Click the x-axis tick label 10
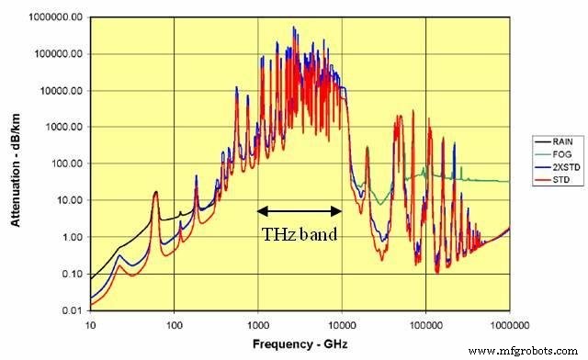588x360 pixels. tap(90, 324)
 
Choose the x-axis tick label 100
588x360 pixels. tap(174, 324)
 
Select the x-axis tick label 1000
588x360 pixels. tap(257, 324)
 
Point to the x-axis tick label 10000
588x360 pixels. tap(342, 324)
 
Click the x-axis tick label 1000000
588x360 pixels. tap(508, 324)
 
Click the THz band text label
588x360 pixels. tap(300, 233)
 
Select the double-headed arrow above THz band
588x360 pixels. tap(300, 210)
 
